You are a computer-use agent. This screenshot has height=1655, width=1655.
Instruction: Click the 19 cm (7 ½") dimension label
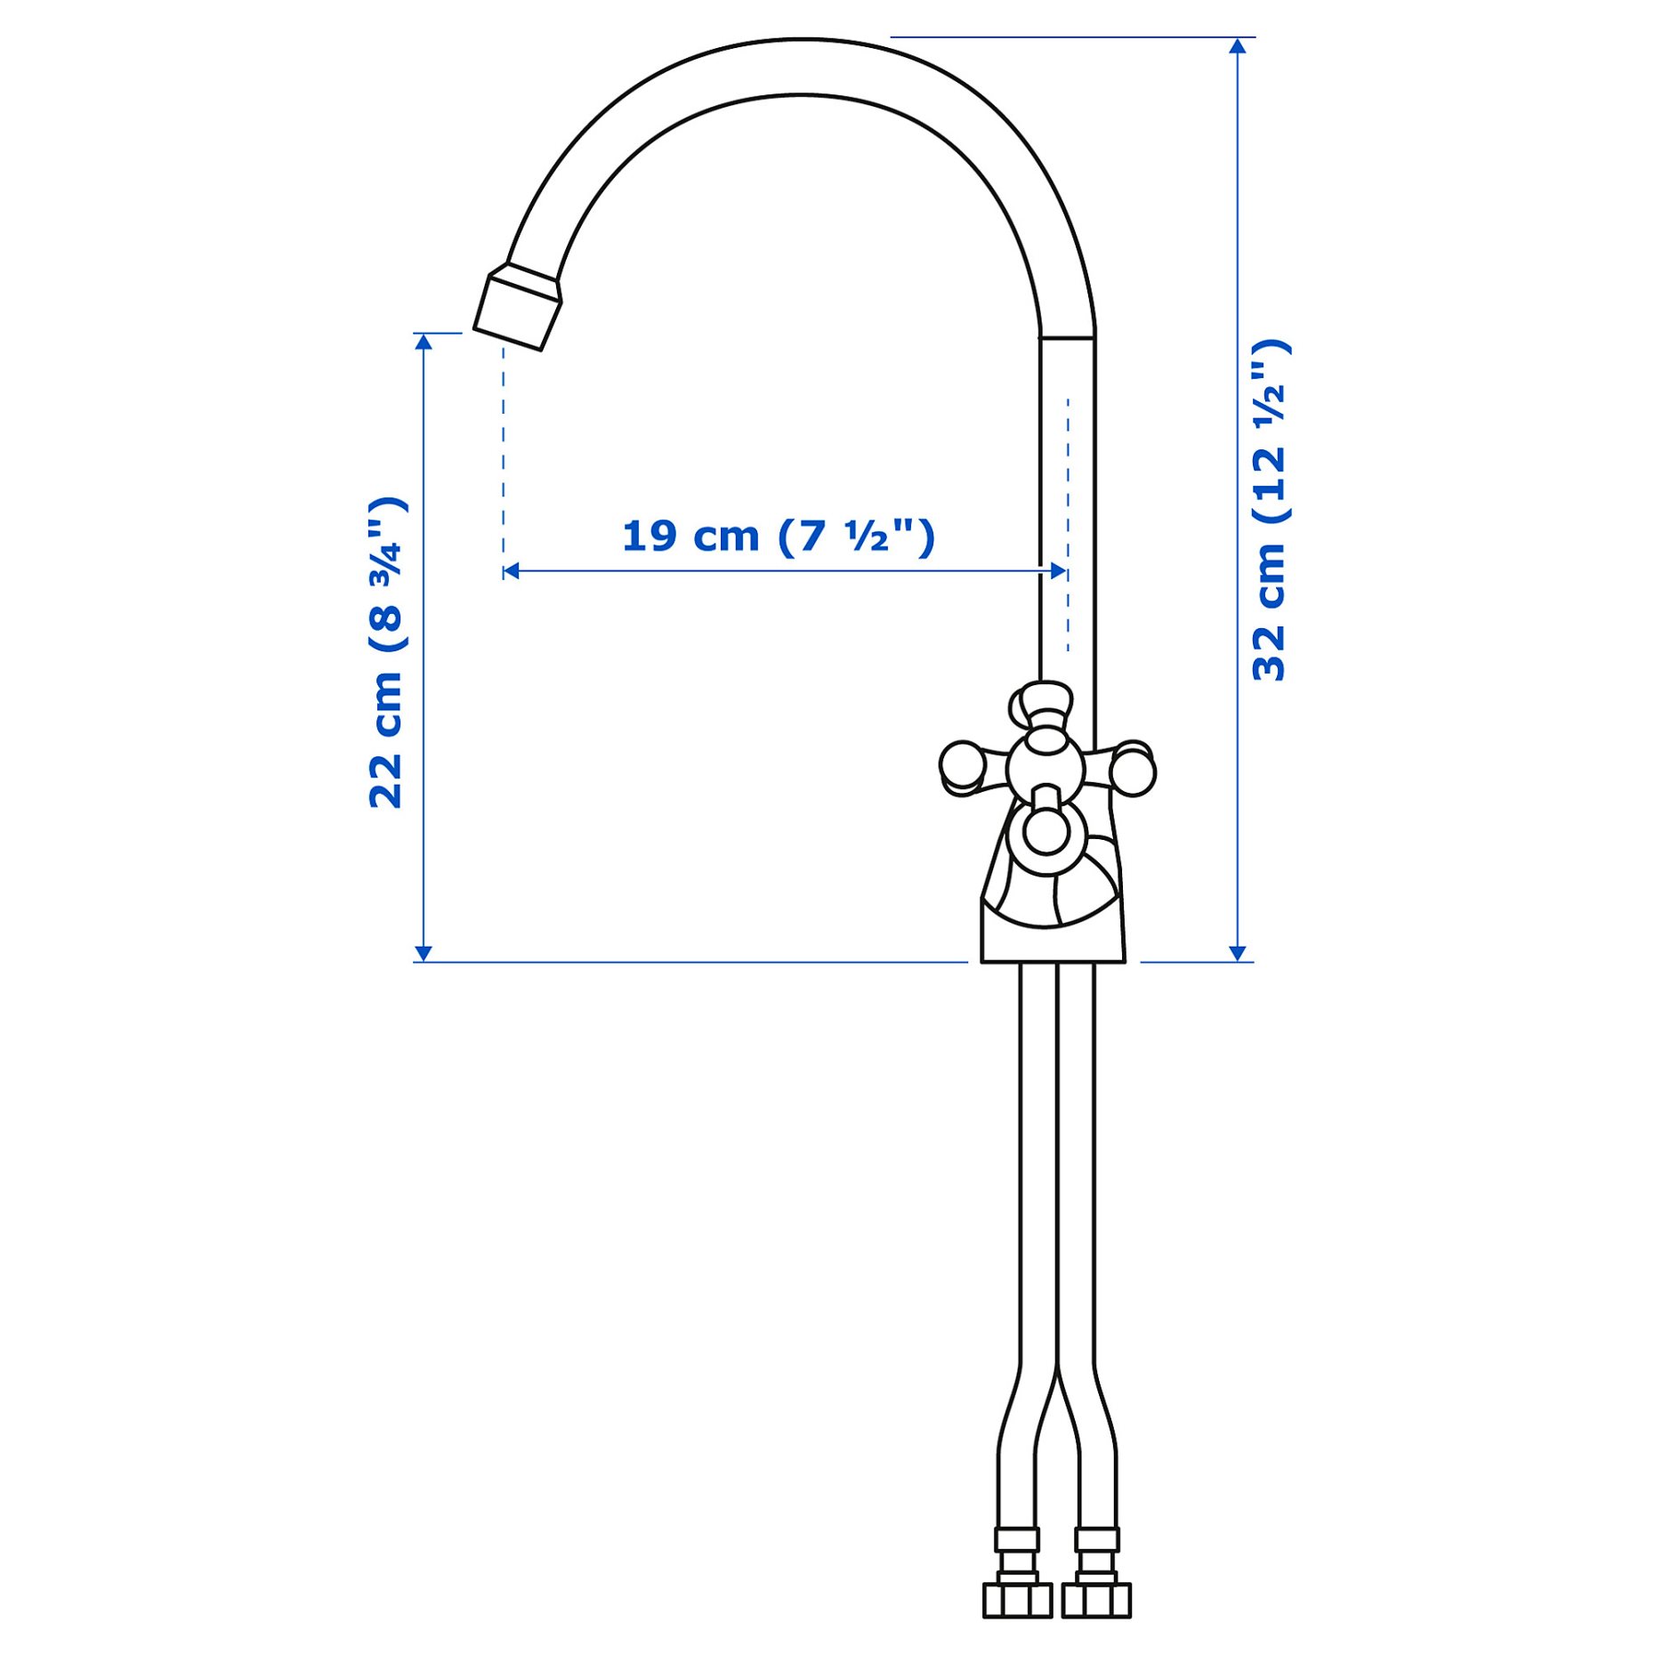[x=778, y=537]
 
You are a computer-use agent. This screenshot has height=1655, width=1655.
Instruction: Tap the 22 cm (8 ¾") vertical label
[x=387, y=652]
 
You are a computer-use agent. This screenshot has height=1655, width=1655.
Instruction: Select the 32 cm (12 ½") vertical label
[x=1270, y=511]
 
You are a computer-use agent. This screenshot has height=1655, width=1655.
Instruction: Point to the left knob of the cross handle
[x=961, y=765]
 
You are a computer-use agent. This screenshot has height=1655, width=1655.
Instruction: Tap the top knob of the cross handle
[x=1045, y=699]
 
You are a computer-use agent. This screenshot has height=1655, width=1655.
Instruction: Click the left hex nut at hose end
[x=1017, y=1600]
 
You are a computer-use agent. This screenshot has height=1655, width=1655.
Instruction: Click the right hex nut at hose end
[x=1096, y=1600]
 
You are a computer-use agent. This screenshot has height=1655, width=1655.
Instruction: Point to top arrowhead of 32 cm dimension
[x=1237, y=45]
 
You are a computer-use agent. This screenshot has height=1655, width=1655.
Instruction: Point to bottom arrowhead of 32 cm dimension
[x=1237, y=953]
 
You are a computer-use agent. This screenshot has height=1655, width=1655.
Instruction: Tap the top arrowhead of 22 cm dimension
[x=424, y=341]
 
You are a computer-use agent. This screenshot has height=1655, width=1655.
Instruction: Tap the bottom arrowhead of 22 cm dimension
[x=424, y=953]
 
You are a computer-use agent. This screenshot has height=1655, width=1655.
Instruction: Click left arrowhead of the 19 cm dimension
[x=511, y=571]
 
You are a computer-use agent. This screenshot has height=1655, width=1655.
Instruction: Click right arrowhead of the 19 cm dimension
[x=1059, y=571]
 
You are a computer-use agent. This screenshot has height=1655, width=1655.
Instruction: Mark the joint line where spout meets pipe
[x=1067, y=338]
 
